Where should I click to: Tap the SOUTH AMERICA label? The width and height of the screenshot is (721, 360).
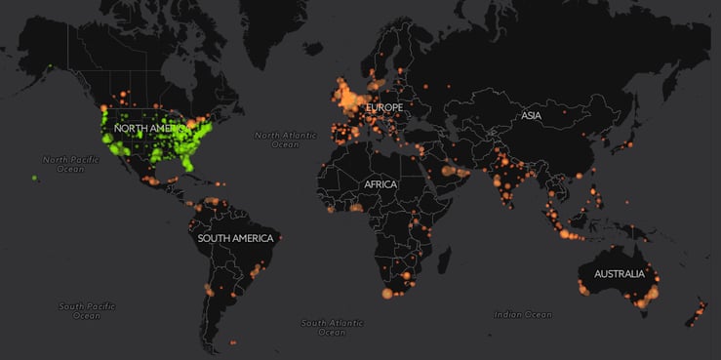tap(234, 238)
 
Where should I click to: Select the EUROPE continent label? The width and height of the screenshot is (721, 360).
tap(383, 106)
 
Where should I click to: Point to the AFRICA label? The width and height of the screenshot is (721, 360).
tap(381, 183)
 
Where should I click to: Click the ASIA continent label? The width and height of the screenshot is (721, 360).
tap(531, 115)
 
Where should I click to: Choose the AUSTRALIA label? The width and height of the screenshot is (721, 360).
tap(619, 273)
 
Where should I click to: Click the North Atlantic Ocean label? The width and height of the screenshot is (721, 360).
tap(285, 139)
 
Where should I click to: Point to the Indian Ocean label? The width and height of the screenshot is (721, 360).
tap(522, 314)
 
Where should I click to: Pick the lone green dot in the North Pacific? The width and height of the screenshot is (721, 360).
tap(35, 178)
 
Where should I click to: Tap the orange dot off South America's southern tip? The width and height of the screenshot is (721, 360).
tap(232, 341)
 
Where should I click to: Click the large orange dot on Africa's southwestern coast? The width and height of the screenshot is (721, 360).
tap(386, 293)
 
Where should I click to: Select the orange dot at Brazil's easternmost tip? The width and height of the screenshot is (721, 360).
tap(281, 236)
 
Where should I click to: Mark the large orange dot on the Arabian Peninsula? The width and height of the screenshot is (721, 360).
tap(451, 171)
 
